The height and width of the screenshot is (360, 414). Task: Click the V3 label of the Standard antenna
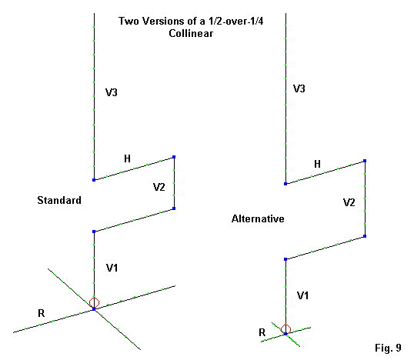111,92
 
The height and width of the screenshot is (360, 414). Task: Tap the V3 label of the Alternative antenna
299,88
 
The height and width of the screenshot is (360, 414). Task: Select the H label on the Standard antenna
127,158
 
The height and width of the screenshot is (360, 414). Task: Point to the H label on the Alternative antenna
317,164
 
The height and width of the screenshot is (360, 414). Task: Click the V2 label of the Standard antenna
159,187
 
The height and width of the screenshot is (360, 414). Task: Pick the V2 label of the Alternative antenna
349,202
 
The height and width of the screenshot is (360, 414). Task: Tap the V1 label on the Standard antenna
112,268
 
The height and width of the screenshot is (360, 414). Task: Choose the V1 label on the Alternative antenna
302,295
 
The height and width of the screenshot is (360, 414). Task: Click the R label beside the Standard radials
42,313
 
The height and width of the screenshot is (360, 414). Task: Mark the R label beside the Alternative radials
262,332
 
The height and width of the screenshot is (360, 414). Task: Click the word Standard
59,200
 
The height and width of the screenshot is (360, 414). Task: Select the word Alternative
258,218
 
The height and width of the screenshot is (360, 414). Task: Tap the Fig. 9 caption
388,348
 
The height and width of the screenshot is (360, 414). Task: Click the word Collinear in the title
191,34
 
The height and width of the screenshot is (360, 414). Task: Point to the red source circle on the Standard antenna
94,302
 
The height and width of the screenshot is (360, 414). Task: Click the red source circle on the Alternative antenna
285,329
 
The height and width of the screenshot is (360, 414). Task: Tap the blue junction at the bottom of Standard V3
94,180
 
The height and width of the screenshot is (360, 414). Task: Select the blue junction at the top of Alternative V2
365,161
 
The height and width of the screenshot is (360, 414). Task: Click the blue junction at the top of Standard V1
94,232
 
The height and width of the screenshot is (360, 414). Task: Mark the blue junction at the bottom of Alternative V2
365,236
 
